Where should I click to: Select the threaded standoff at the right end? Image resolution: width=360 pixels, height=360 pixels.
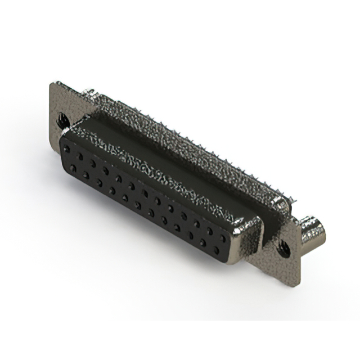tap(313, 230)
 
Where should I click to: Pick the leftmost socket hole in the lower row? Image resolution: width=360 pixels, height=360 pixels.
tap(71, 167)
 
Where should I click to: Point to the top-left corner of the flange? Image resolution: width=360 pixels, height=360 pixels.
tap(53, 84)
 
